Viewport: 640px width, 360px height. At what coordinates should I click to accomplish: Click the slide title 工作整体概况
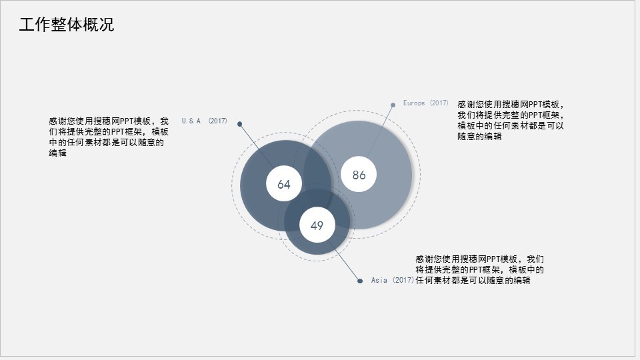67,25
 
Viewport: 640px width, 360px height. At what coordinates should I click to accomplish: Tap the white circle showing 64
284,184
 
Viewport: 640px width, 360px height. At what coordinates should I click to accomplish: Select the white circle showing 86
359,175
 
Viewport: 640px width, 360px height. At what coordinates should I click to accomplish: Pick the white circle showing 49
317,225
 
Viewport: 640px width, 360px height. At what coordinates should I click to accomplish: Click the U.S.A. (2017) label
204,121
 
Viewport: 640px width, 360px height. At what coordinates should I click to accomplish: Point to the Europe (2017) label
425,103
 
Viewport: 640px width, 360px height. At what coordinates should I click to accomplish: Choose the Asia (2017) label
392,281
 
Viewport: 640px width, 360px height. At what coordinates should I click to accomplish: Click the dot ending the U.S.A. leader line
240,123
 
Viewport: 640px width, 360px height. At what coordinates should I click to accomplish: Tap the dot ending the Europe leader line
393,105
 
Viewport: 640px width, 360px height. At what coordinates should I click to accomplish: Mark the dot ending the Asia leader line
361,280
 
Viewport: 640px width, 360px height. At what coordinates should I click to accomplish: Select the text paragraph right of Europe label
511,121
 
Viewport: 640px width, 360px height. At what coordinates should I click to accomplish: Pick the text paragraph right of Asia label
480,269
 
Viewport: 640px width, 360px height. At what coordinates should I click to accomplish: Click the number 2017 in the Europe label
439,103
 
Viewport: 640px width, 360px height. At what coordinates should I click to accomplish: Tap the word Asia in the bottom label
379,281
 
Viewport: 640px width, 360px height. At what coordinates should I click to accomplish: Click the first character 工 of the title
27,25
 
